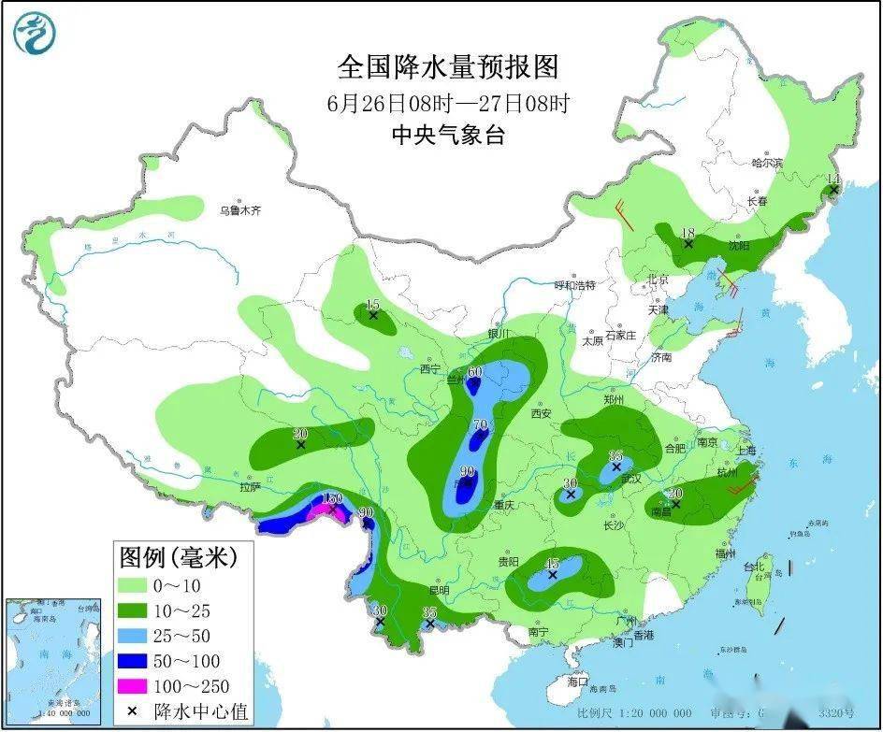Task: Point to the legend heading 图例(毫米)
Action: click(178, 558)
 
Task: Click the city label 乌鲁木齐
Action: click(240, 211)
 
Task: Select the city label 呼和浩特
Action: click(574, 284)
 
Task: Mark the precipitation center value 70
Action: click(481, 425)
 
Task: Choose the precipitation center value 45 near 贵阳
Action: click(552, 564)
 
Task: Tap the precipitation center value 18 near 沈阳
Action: click(688, 233)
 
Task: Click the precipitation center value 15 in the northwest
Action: click(372, 304)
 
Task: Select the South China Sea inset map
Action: click(52, 659)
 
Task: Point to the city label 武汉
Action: click(633, 479)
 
